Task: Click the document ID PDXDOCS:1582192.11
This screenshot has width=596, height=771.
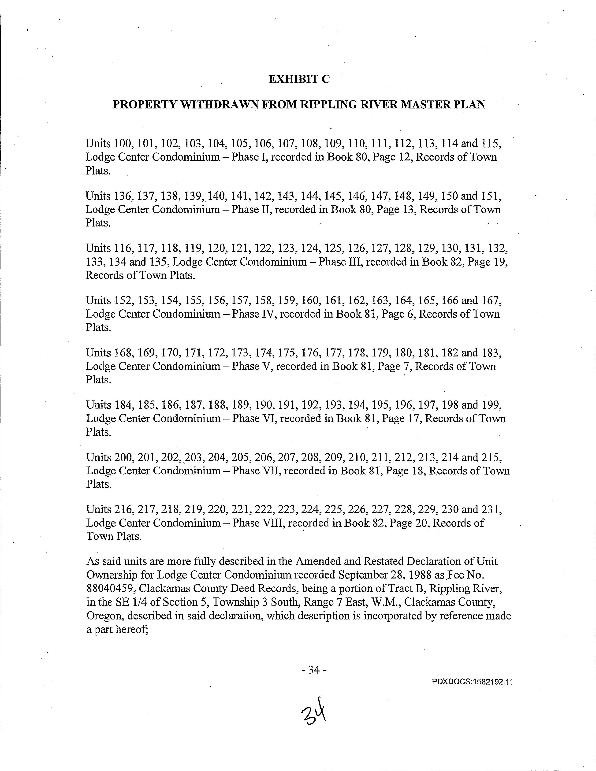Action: point(472,682)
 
